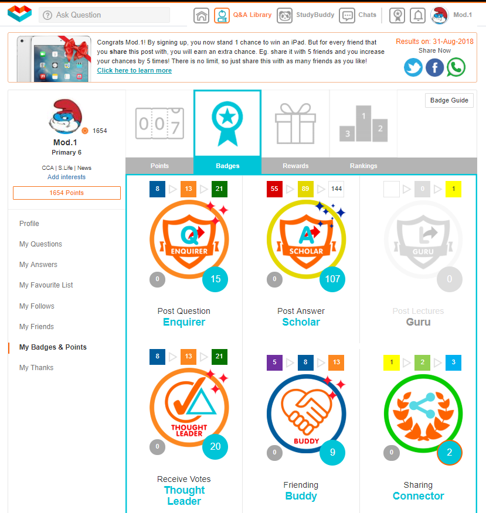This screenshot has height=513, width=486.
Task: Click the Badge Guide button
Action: coord(449,101)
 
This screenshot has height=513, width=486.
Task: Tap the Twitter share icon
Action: coord(413,67)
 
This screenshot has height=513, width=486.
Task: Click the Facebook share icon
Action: coord(434,67)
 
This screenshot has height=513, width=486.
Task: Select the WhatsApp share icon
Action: coord(456,67)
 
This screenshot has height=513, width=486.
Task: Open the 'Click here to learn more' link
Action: coord(134,70)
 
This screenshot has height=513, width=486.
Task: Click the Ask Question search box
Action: coord(104,15)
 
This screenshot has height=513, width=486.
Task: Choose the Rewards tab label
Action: coord(295,166)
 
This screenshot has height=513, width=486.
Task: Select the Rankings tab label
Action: coord(363,166)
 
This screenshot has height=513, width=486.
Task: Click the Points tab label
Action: coord(159,166)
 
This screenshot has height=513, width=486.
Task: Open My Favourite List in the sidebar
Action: coord(46,285)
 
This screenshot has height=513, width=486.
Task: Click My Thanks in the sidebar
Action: coord(36,368)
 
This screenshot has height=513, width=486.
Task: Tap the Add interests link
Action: coord(66,177)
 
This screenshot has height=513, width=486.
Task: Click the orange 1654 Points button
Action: coord(67,193)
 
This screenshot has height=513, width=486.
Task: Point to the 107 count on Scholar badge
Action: coord(332,279)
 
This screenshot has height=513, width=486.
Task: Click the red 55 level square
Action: coord(274,189)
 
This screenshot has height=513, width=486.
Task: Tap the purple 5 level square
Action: coord(274,362)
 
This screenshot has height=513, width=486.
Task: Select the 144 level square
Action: coord(337,189)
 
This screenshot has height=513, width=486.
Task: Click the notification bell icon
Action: coord(418,15)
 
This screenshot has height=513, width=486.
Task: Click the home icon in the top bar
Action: coord(202,15)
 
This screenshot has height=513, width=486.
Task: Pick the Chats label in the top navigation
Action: coord(367,15)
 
